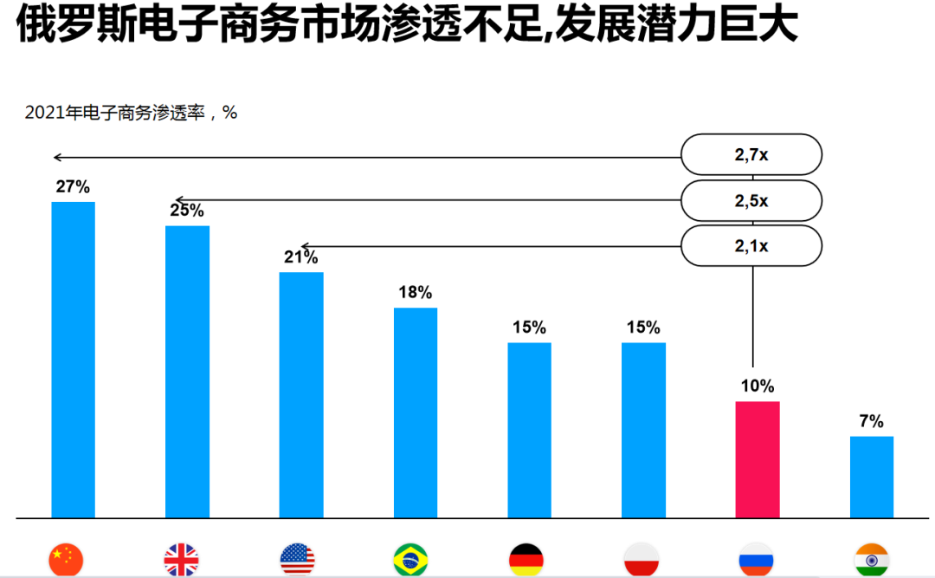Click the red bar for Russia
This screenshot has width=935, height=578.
click(x=758, y=459)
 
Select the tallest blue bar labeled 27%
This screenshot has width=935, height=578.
click(x=74, y=360)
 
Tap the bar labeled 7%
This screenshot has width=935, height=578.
click(x=872, y=477)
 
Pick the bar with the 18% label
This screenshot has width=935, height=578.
click(x=416, y=412)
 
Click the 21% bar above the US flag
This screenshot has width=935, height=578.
click(x=301, y=395)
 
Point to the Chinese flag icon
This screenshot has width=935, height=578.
click(x=67, y=560)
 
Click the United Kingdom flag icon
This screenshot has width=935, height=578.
click(x=181, y=560)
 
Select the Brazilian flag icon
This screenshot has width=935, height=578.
click(x=410, y=560)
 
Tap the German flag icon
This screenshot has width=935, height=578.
click(x=526, y=560)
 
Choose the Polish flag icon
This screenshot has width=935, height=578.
click(x=642, y=560)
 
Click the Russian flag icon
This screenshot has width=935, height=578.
click(x=756, y=560)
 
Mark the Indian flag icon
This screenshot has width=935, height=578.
click(x=872, y=560)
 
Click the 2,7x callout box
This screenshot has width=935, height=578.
click(x=751, y=155)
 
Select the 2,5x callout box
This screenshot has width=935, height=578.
click(x=751, y=201)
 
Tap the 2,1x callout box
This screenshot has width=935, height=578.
click(x=751, y=246)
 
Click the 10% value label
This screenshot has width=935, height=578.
click(x=758, y=386)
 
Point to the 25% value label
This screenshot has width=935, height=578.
click(x=186, y=211)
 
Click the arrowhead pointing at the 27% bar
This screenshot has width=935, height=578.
click(x=56, y=158)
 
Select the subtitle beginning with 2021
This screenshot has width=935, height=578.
click(x=131, y=113)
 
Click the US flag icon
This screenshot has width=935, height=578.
click(x=298, y=560)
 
